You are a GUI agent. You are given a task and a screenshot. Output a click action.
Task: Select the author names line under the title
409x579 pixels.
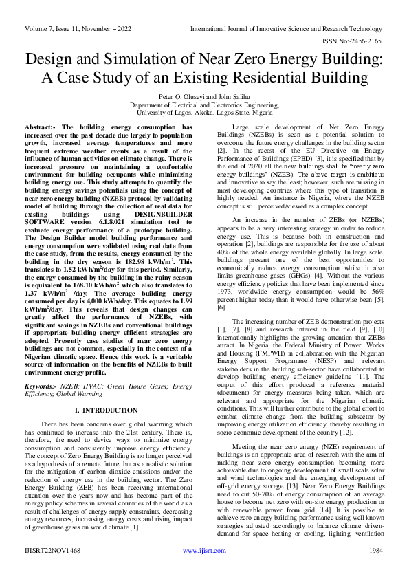tap(204, 98)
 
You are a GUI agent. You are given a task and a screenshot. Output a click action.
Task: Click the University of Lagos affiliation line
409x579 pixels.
tap(204, 112)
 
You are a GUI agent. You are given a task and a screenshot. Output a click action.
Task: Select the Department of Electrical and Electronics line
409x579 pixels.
tap(204, 105)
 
